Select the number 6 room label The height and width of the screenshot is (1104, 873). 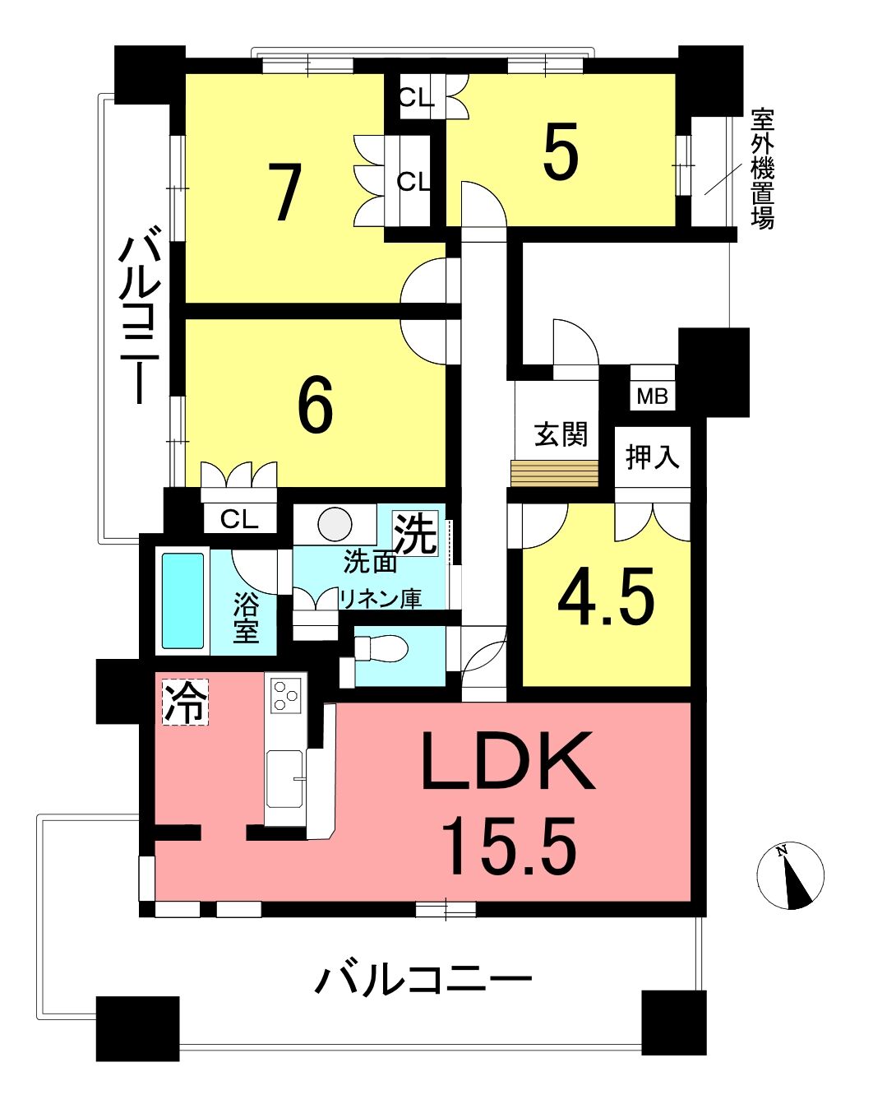click(316, 407)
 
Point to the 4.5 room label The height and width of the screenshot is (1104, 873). click(605, 597)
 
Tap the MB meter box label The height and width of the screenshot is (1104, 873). click(652, 397)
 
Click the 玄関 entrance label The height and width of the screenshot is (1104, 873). click(561, 434)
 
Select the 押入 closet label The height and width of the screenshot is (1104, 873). click(653, 456)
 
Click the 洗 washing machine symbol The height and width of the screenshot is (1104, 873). click(416, 534)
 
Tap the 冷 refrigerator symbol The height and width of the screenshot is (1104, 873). click(186, 702)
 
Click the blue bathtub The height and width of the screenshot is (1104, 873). click(183, 601)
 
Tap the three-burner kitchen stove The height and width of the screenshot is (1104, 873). click(285, 695)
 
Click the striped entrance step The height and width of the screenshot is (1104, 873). click(555, 474)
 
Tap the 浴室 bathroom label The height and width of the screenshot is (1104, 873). click(246, 618)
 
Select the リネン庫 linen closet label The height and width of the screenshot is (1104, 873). click(381, 598)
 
